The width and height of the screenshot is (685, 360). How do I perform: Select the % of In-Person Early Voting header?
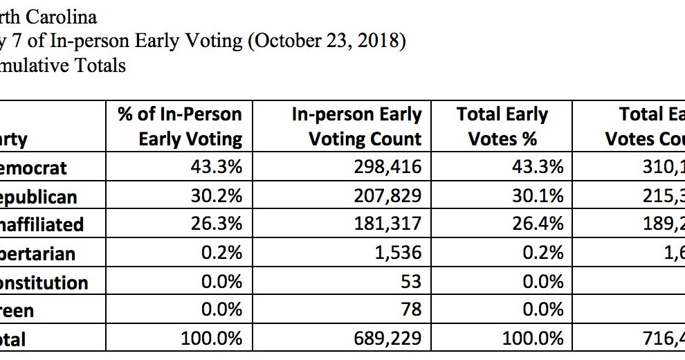coord(180,126)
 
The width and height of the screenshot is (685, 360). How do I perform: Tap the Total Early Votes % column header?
coord(502,126)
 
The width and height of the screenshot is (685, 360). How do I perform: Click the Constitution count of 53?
coord(411,282)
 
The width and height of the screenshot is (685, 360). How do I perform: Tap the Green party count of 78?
coord(411,310)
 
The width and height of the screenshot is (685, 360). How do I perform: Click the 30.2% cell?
coord(217,196)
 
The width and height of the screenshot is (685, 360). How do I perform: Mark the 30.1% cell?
coord(538,196)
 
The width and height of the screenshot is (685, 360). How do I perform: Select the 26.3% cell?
coord(217,224)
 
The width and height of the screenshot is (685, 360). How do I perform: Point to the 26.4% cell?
coord(538,224)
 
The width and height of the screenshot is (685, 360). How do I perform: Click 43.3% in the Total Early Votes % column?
coord(538,167)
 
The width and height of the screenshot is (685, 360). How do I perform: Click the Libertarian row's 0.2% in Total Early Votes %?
coord(542,253)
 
